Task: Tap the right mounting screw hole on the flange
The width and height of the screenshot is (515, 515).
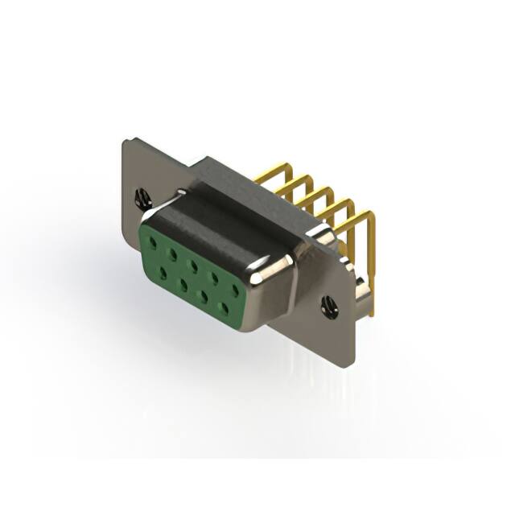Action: tap(329, 306)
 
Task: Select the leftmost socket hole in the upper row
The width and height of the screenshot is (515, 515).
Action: tap(153, 239)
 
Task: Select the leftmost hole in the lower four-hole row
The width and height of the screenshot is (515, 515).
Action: tap(163, 274)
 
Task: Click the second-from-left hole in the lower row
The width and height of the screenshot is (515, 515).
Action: tap(184, 286)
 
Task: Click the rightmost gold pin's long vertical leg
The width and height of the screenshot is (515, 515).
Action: tap(371, 266)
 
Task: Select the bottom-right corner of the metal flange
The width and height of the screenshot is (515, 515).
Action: tap(348, 364)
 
